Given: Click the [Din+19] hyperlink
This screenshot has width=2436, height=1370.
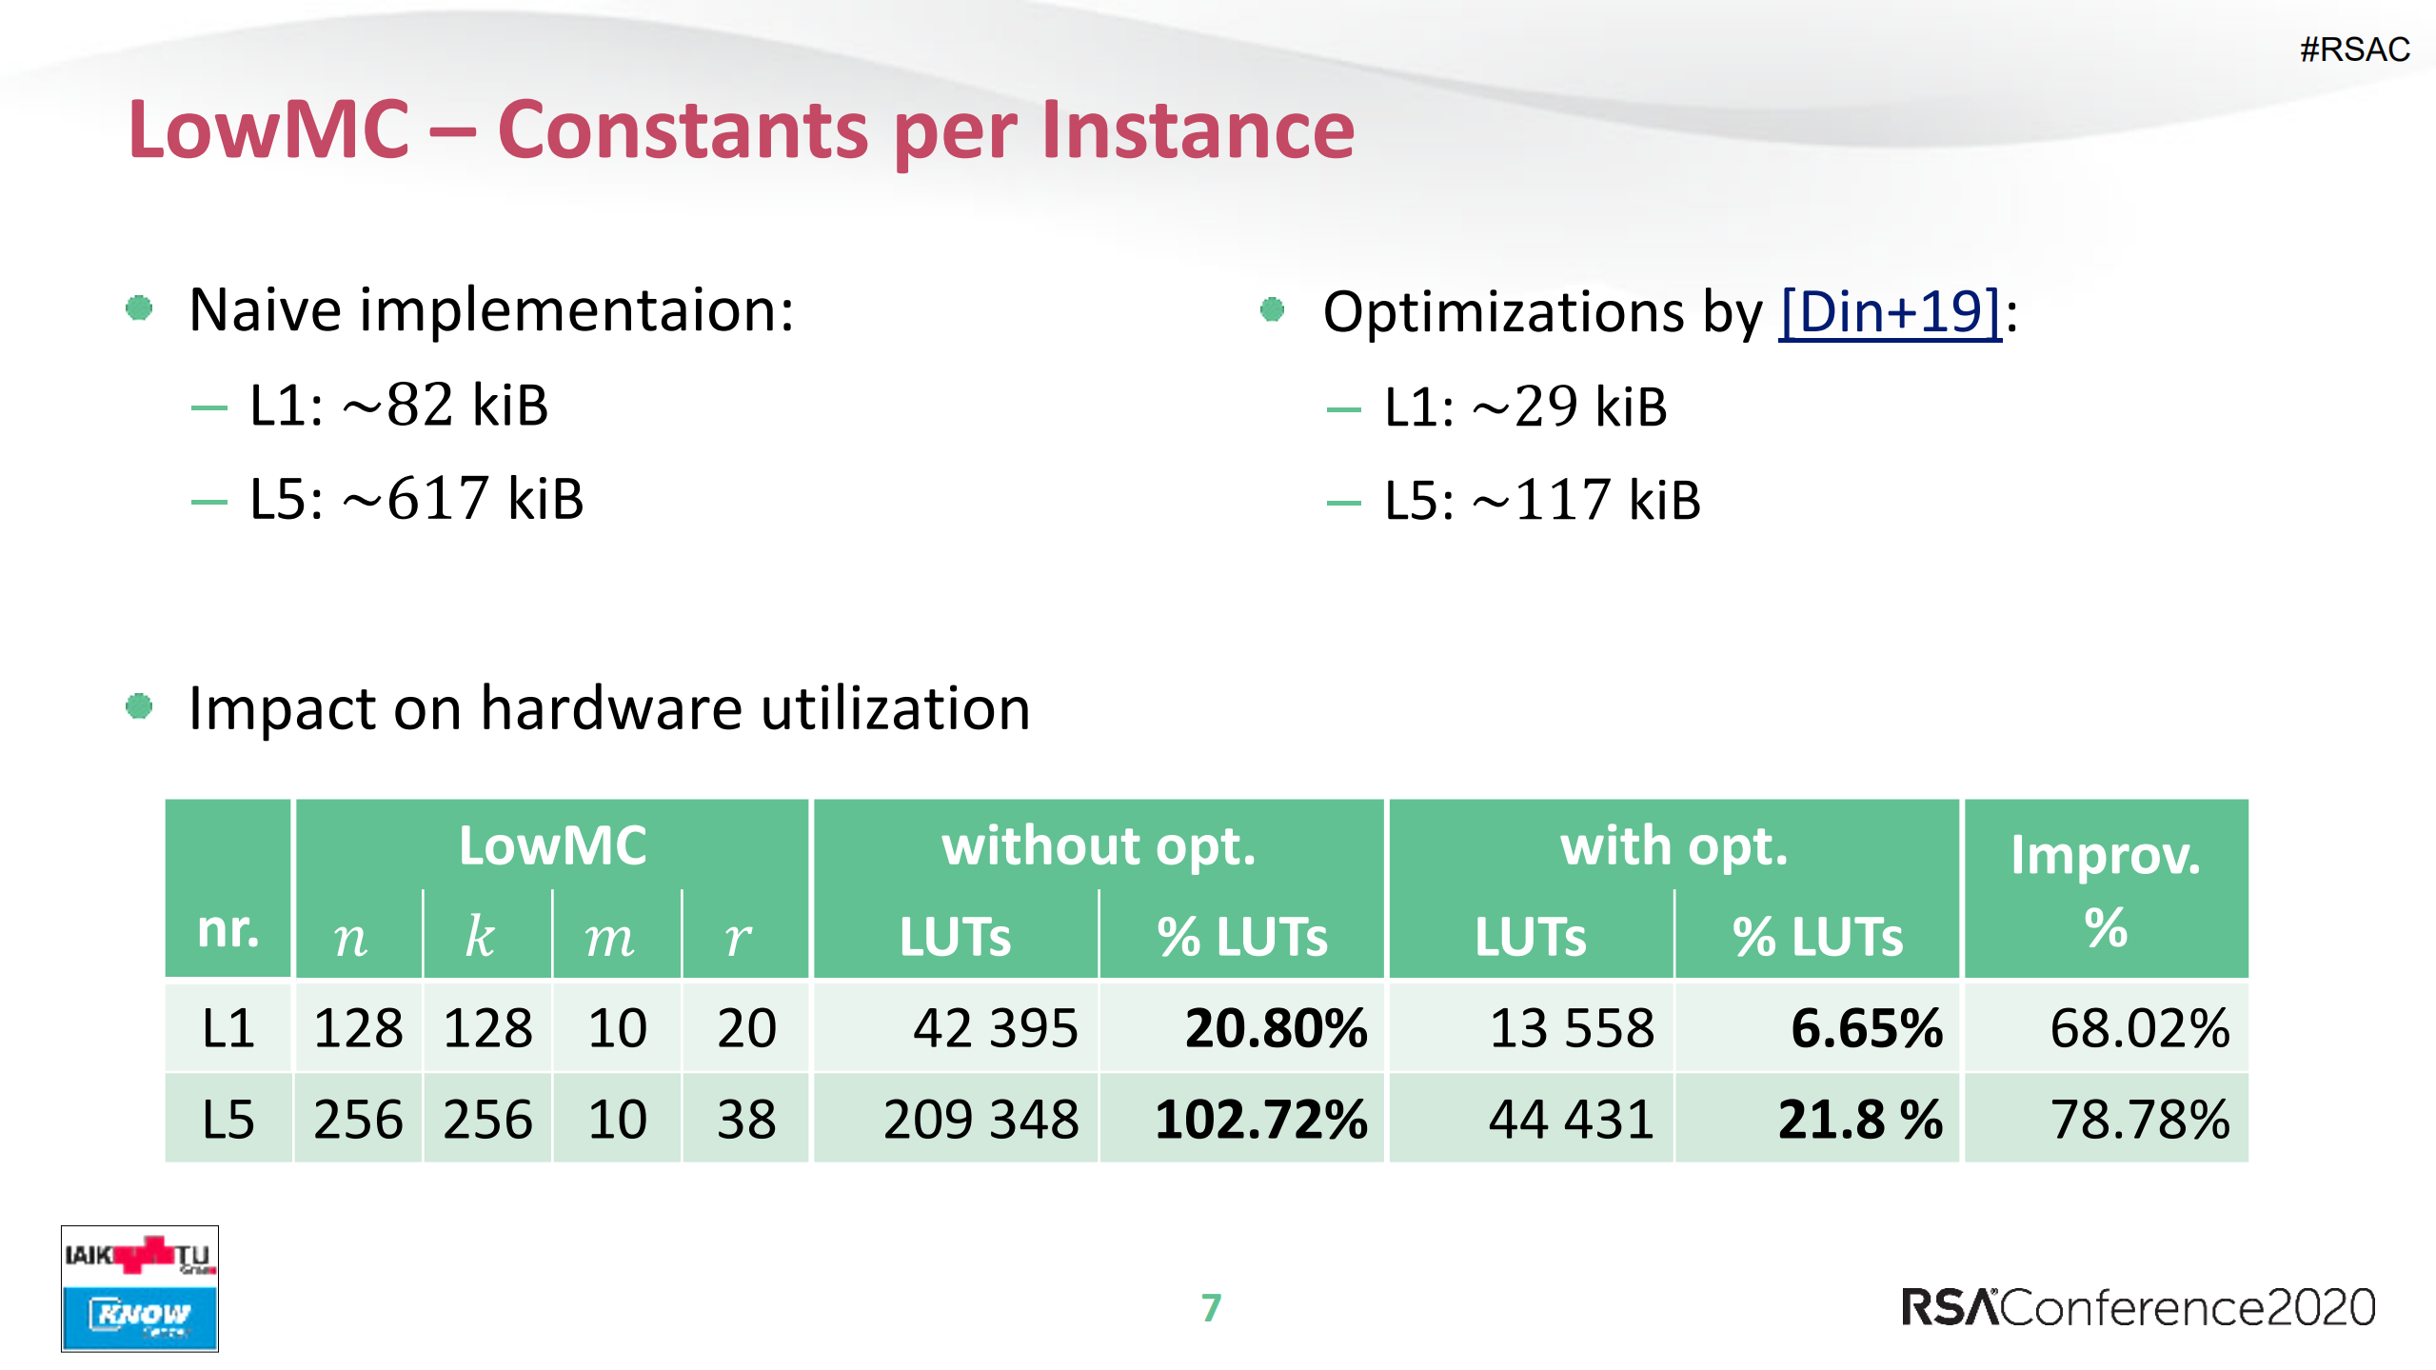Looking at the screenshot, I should [1890, 311].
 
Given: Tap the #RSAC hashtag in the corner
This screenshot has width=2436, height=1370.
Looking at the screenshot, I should [2354, 50].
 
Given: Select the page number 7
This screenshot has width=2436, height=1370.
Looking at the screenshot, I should [1210, 1307].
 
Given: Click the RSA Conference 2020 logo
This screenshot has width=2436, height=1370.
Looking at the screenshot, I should [2138, 1307].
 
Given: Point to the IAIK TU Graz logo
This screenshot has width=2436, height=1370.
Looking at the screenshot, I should [139, 1256].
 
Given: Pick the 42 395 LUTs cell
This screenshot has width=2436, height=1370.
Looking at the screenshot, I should [995, 1028].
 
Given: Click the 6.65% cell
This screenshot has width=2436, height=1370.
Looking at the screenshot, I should [1865, 1028].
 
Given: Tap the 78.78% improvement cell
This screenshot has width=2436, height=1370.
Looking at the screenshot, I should [2139, 1119].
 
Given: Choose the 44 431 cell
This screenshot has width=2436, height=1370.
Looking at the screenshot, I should [1571, 1119].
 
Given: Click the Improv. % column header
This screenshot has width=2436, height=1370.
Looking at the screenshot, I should [2105, 889].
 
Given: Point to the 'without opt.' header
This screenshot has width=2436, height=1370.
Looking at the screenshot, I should [1098, 845].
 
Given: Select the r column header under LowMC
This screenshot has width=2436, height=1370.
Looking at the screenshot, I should [738, 937].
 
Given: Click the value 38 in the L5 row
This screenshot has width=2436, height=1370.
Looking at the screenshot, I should [746, 1119].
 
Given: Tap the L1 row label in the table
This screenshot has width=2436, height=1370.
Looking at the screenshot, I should [228, 1028].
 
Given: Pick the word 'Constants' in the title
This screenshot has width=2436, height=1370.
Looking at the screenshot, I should [683, 130].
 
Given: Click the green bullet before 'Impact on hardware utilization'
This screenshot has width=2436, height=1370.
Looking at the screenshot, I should [139, 706].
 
